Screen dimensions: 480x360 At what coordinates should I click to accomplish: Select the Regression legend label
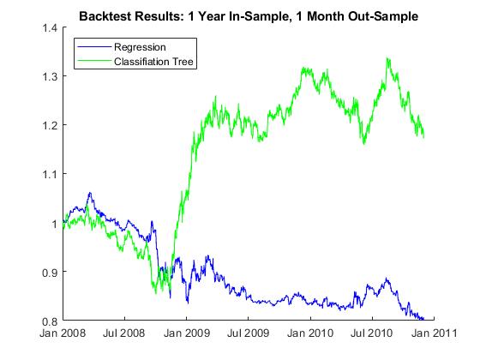pos(140,47)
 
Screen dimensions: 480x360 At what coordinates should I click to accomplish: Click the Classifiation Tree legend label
pos(153,62)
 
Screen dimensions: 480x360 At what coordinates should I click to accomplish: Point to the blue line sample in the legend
pos(94,47)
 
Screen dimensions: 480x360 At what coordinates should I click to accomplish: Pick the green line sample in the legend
pos(94,61)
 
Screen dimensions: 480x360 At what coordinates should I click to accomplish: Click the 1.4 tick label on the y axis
pos(50,28)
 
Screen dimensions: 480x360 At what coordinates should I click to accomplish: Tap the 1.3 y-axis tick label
pos(50,76)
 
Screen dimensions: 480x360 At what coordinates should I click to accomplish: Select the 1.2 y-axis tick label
pos(50,125)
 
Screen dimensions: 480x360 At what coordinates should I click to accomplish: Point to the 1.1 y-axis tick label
pos(50,174)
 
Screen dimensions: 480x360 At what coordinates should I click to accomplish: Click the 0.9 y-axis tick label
pos(50,273)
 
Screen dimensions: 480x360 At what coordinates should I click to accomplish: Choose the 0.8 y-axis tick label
pos(50,321)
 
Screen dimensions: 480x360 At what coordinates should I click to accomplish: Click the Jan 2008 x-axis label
pos(63,333)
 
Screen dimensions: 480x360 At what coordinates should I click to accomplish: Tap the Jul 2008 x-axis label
pos(123,333)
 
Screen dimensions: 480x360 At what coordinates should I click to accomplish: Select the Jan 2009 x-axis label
pos(187,333)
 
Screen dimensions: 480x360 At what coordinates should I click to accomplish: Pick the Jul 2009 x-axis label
pos(248,333)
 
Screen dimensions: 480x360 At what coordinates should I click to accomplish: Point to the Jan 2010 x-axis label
pos(310,333)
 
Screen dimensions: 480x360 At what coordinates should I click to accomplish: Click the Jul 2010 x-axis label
pos(371,333)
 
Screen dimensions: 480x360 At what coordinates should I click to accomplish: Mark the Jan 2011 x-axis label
pos(434,333)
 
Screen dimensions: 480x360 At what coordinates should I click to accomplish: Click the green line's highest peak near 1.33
pos(387,58)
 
